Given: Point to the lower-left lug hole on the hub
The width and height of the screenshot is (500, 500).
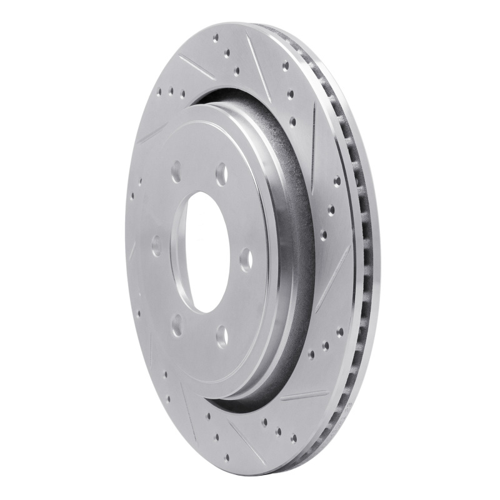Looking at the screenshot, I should pos(177,324).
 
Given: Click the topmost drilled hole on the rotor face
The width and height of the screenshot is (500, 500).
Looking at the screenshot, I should pos(215,39).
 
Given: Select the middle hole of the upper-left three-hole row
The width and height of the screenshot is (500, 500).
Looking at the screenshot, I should pos(170,92).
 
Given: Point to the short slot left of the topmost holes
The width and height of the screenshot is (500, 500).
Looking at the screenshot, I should pos(195,66).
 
